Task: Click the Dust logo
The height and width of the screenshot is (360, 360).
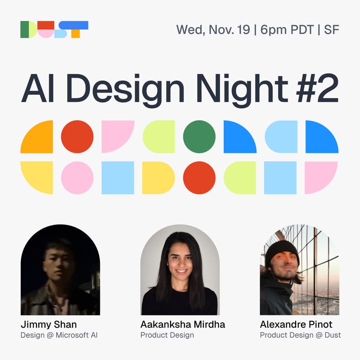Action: coord(54,29)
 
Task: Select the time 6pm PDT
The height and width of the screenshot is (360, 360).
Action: coord(285,30)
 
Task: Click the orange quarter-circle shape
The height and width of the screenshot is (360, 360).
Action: coord(37,137)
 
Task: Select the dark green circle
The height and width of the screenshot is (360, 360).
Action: coord(199,137)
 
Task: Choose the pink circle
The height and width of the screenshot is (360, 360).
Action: coord(77,178)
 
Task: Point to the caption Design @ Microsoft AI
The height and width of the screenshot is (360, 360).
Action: coord(59,335)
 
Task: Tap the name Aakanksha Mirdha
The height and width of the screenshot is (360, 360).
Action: coord(183,324)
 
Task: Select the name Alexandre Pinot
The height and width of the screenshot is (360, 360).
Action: coord(296,324)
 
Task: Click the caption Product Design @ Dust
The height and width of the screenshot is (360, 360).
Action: coord(301,335)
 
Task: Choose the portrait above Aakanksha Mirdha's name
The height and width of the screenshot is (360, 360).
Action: coord(180,270)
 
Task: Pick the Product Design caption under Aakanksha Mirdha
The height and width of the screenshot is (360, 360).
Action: coord(167,335)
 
